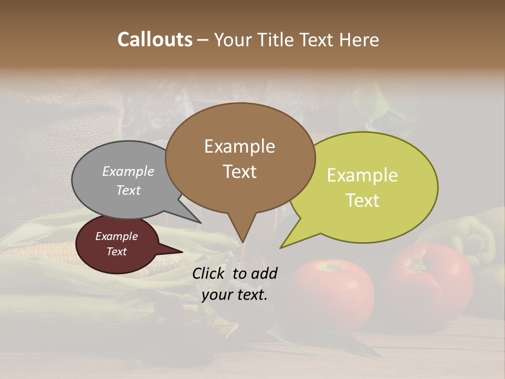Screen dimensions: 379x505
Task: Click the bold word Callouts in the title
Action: click(155, 39)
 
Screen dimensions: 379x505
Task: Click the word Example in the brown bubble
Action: click(239, 146)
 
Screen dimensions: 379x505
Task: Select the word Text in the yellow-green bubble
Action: click(362, 201)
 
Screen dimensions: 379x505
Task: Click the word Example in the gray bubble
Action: click(128, 172)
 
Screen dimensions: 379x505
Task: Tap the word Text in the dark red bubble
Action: click(117, 252)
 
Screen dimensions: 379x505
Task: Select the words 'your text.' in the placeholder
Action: click(235, 295)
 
